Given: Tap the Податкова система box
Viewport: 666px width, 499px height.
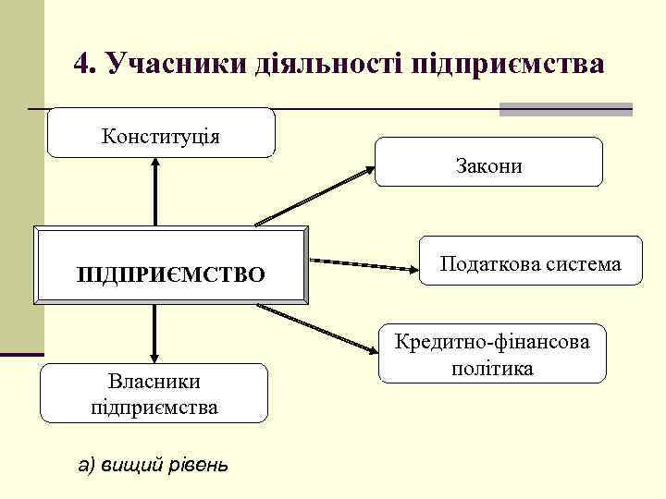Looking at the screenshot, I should [x=530, y=265].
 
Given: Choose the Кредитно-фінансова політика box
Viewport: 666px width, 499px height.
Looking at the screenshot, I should [x=491, y=353].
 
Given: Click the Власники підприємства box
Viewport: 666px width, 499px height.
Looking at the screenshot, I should [x=154, y=393].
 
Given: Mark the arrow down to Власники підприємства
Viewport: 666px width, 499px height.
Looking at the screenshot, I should [x=154, y=334].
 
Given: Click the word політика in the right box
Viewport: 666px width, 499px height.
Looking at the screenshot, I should [x=492, y=368].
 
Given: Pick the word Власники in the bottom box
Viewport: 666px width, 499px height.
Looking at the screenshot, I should [x=154, y=381].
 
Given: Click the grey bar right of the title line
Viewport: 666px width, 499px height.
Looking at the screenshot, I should [x=565, y=109].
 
